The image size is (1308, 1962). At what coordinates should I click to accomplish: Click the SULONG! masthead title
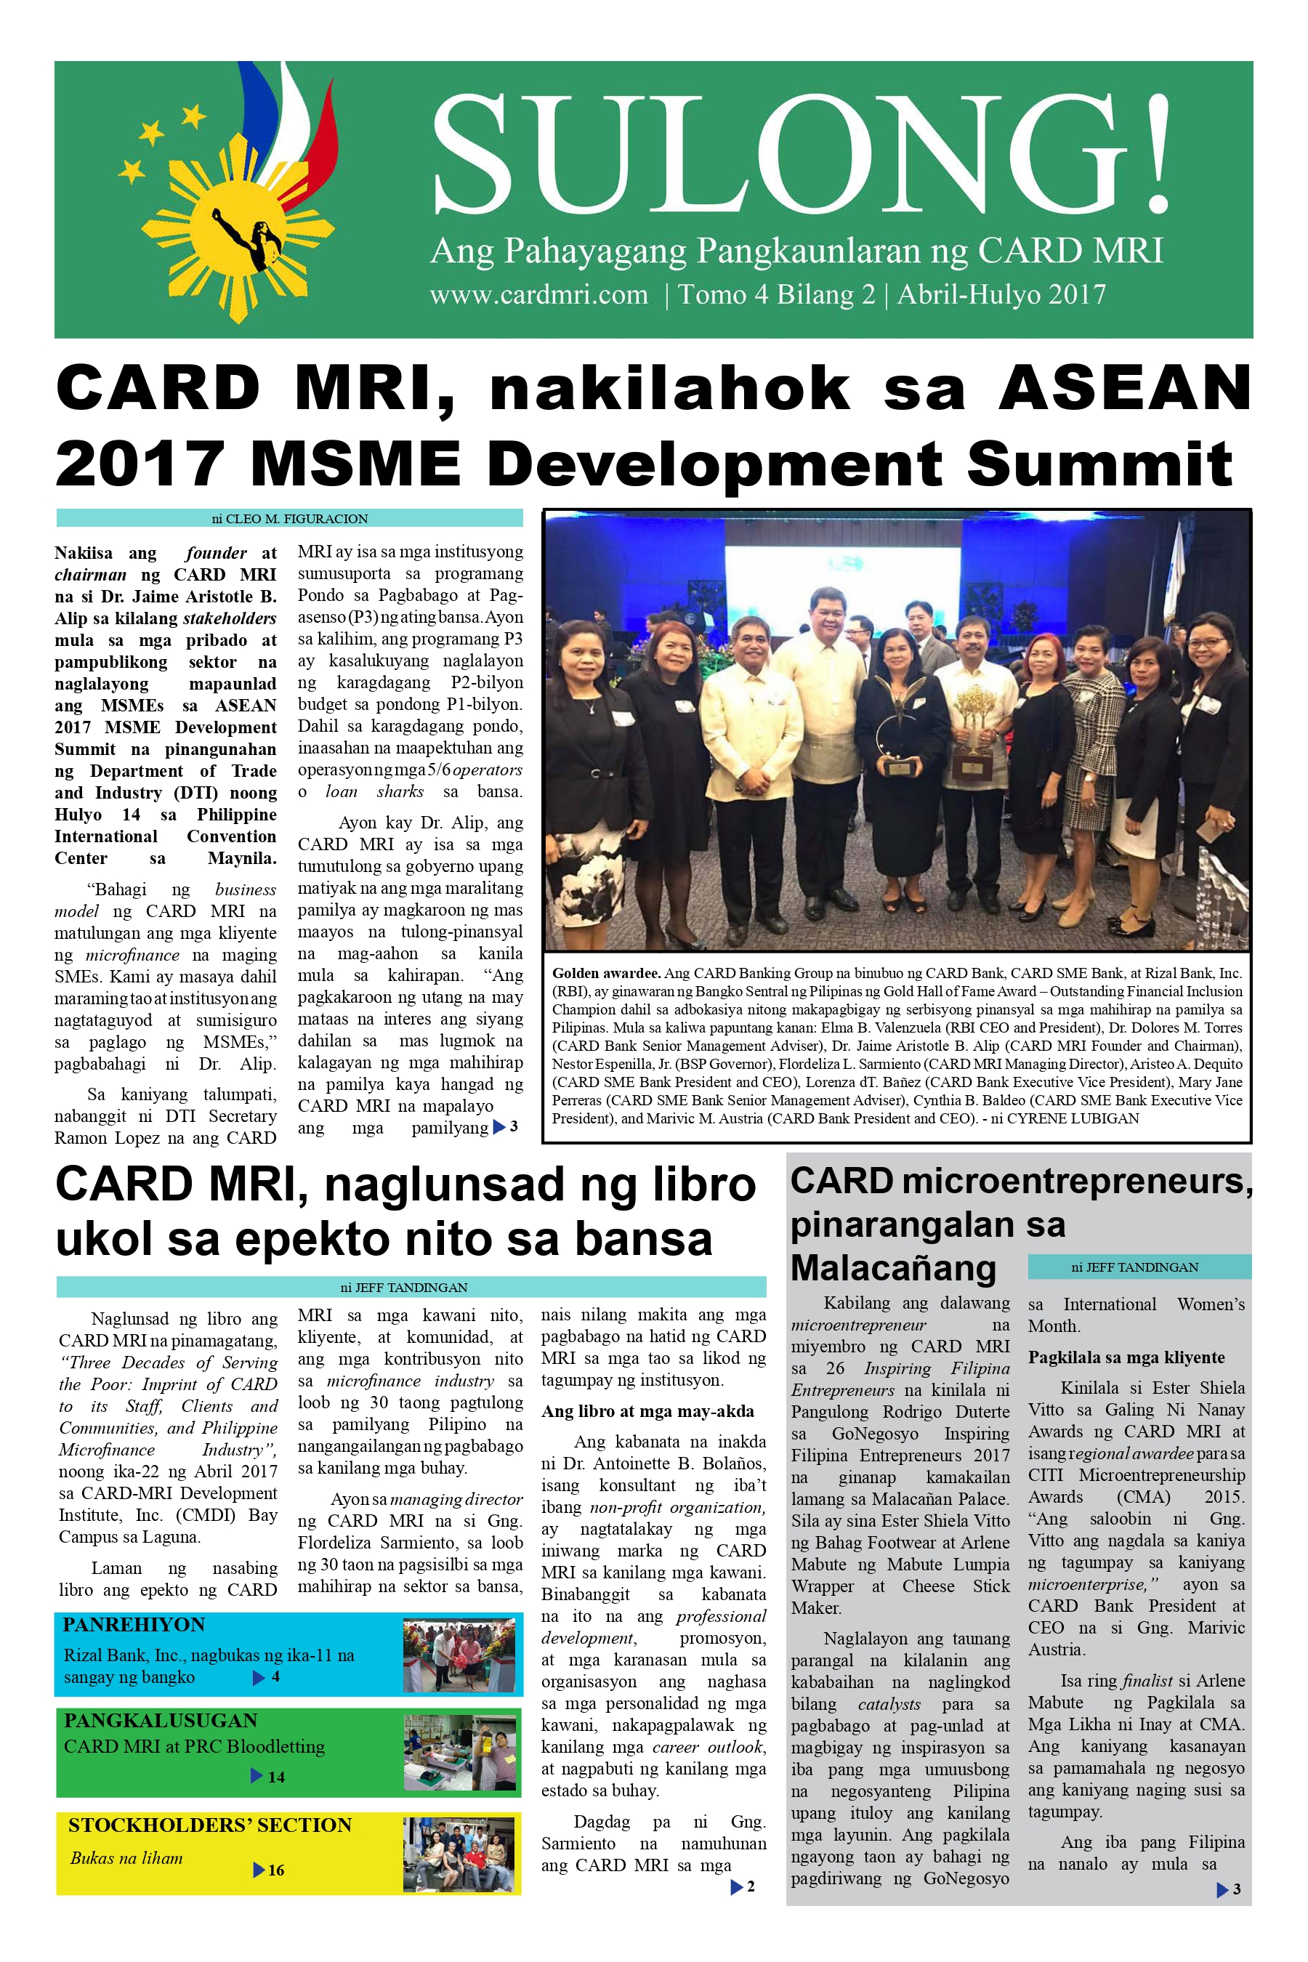(x=799, y=153)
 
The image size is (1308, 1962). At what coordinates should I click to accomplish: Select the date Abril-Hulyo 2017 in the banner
(x=1001, y=294)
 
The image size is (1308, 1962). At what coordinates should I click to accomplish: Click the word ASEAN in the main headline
(x=1124, y=389)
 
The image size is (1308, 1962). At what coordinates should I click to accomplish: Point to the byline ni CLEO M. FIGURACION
(x=289, y=518)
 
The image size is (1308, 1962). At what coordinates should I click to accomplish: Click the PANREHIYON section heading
(x=134, y=1624)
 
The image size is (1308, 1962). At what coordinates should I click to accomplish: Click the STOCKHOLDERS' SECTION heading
(x=209, y=1825)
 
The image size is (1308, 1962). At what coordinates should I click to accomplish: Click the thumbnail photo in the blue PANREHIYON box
(x=458, y=1654)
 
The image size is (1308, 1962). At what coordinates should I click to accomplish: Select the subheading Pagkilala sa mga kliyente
(x=1126, y=1357)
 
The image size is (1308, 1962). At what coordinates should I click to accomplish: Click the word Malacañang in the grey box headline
(x=893, y=1268)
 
